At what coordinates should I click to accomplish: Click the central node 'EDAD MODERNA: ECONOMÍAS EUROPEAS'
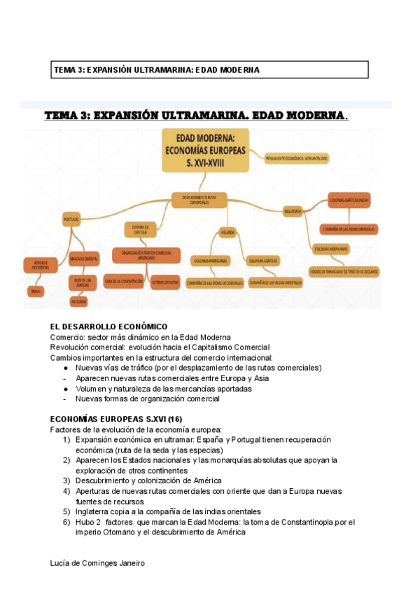206,149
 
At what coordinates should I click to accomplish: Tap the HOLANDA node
227,230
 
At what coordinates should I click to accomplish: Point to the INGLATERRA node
293,210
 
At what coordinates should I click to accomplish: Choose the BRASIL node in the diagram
36,289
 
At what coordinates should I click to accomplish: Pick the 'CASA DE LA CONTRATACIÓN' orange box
125,281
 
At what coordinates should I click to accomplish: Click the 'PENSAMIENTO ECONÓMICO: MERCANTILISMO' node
297,159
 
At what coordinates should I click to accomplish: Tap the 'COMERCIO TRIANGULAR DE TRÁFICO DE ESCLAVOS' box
344,271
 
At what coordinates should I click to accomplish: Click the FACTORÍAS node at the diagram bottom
78,301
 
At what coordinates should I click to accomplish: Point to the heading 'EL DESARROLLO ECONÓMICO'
109,326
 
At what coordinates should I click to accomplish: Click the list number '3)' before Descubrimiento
66,481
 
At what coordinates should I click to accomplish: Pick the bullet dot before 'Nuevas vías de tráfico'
65,367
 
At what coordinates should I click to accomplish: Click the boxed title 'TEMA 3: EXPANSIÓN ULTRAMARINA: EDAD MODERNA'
157,70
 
